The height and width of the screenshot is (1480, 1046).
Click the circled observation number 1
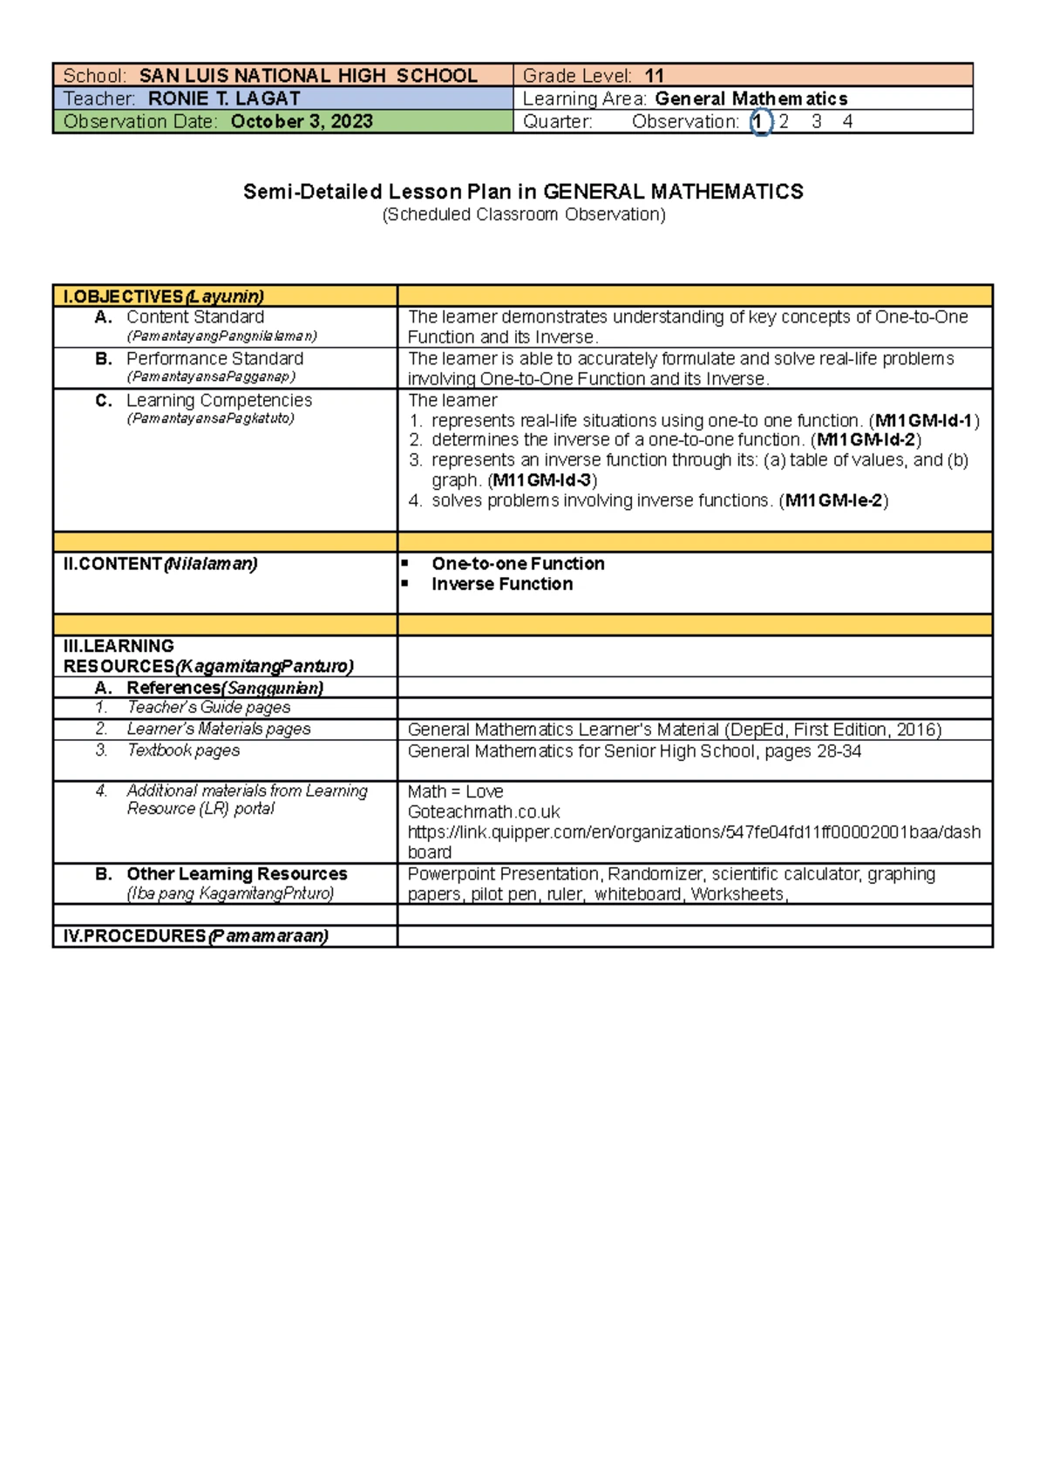tap(759, 122)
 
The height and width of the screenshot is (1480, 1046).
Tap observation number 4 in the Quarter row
tap(847, 122)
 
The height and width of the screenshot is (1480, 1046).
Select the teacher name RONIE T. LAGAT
tap(224, 98)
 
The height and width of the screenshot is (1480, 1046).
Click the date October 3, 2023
tap(302, 121)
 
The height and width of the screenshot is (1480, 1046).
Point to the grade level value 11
tap(654, 76)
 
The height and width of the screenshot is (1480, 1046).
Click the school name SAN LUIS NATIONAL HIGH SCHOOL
tap(308, 76)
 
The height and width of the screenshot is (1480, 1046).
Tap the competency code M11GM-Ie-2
tap(834, 501)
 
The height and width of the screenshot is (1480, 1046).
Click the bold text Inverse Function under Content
tap(502, 585)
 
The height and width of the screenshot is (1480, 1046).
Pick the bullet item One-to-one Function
tap(518, 564)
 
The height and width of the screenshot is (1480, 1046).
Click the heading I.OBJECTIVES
tap(122, 296)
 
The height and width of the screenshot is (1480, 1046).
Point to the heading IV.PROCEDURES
tap(134, 936)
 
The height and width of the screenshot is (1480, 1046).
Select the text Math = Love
tap(455, 791)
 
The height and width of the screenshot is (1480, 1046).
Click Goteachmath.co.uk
tap(484, 812)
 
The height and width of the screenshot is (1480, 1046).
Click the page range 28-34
tap(839, 751)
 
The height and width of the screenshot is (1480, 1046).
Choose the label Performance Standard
tap(214, 359)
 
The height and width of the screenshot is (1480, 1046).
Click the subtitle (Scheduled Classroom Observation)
tap(523, 214)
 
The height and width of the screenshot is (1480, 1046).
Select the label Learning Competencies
tap(219, 401)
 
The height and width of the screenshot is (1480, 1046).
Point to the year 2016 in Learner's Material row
tap(915, 730)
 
